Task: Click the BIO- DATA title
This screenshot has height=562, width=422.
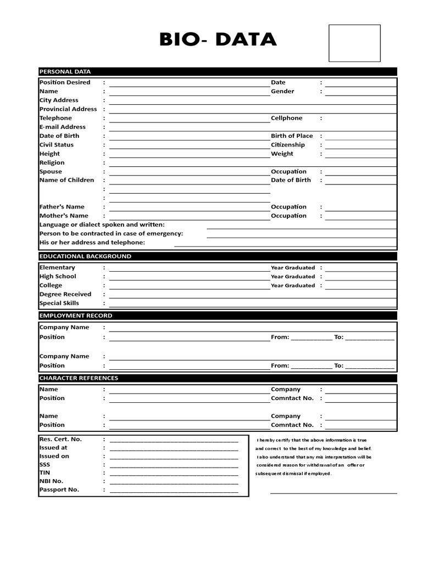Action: (218, 40)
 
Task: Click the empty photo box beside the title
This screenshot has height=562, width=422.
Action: (354, 43)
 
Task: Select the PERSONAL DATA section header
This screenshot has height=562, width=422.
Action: (65, 71)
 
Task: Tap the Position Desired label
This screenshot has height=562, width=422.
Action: (65, 82)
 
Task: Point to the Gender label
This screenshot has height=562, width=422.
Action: (282, 91)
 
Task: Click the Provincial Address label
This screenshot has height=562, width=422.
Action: (68, 109)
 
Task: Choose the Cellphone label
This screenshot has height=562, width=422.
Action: (286, 118)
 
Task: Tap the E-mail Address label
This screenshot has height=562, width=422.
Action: (63, 127)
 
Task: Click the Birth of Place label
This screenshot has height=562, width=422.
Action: (291, 136)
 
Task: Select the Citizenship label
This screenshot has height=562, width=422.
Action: (287, 145)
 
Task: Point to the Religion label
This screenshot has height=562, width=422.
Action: (52, 162)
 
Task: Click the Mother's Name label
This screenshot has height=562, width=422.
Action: (64, 216)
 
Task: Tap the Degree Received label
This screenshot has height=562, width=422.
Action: (65, 294)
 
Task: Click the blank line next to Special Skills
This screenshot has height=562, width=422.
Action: (252, 305)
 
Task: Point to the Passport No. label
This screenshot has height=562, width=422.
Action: (59, 490)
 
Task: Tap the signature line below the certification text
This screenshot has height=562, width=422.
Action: (333, 492)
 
